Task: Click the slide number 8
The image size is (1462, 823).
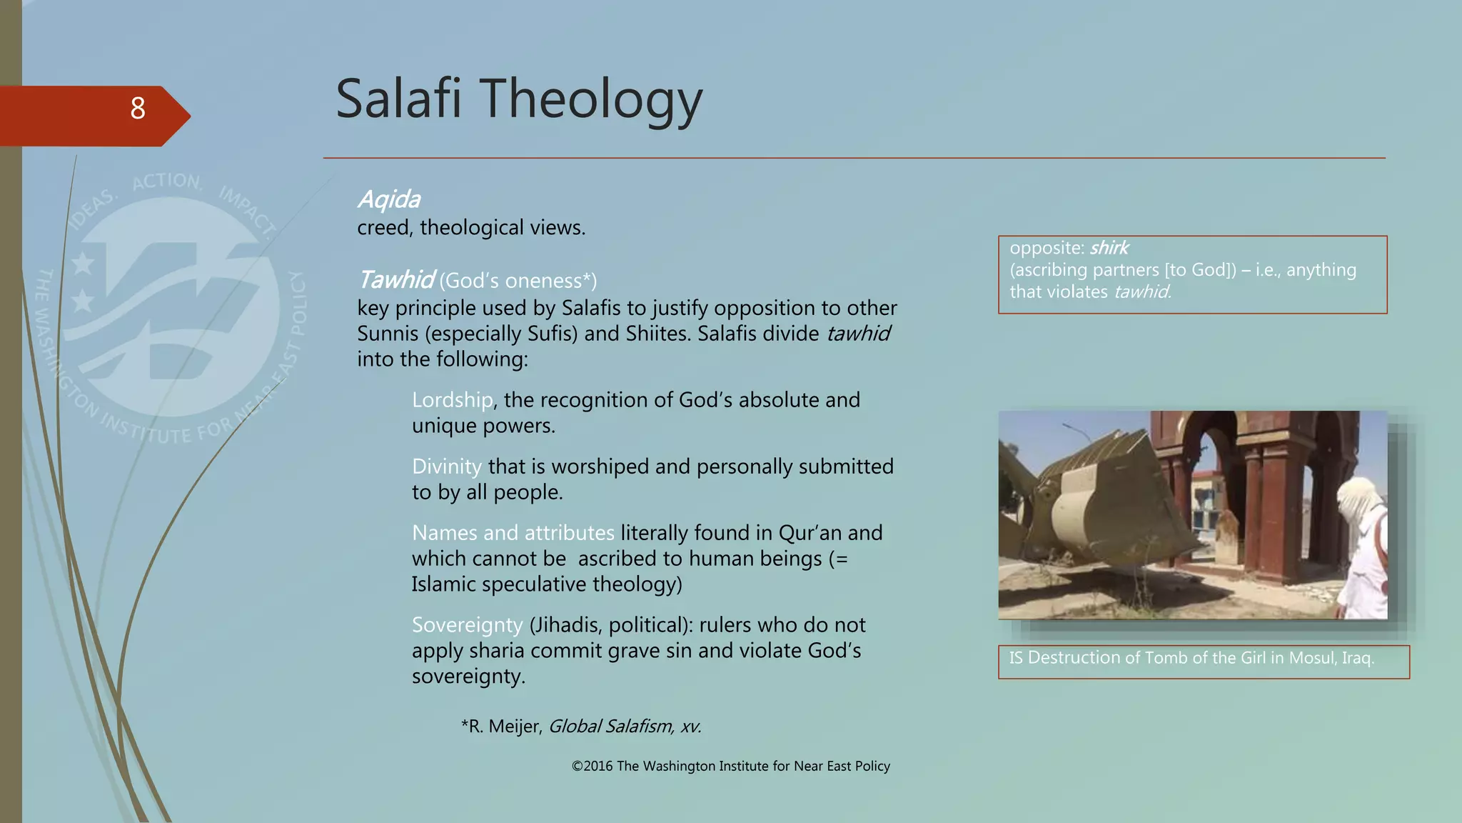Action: click(x=138, y=109)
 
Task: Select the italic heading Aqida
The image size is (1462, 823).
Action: click(x=389, y=199)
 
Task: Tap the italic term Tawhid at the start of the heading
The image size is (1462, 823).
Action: click(x=395, y=280)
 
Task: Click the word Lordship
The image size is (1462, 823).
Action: click(x=452, y=400)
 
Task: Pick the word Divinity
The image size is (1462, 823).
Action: click(x=447, y=467)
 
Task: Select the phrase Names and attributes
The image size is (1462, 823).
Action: click(x=513, y=533)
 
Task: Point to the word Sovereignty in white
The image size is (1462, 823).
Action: click(x=468, y=625)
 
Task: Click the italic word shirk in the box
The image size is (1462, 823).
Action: click(x=1109, y=248)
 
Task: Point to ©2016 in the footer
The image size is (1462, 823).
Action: click(x=592, y=767)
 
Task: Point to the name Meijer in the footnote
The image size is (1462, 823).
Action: click(x=515, y=727)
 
